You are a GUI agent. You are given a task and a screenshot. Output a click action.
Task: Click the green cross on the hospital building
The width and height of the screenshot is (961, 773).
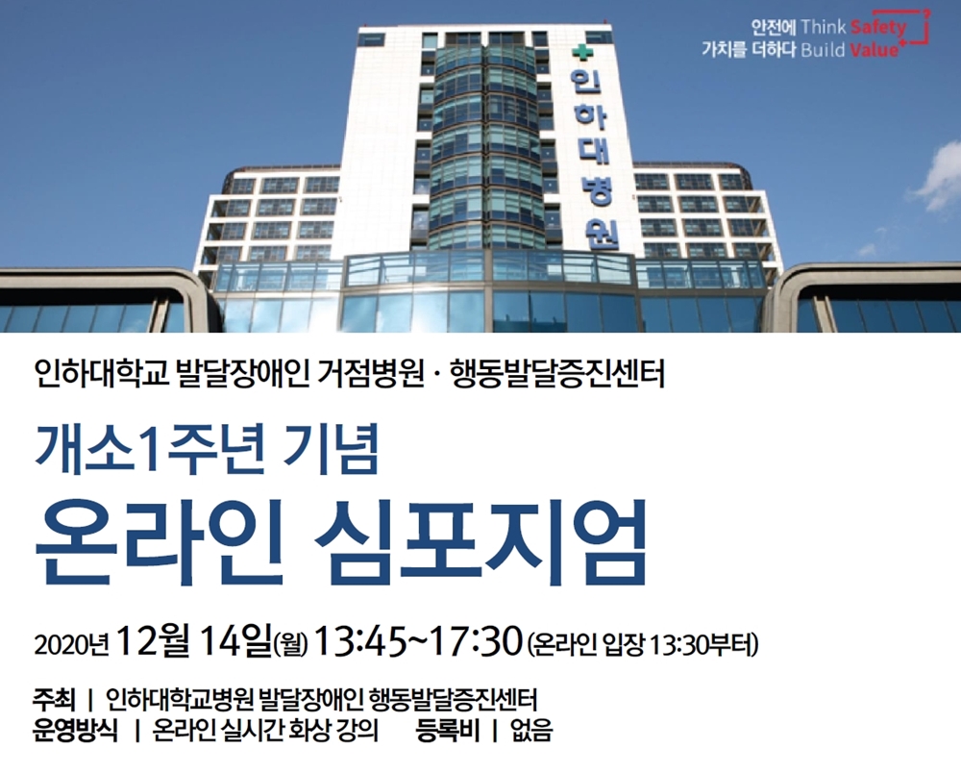click(579, 53)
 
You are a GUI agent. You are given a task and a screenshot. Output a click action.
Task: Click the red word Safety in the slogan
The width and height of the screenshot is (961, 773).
click(878, 27)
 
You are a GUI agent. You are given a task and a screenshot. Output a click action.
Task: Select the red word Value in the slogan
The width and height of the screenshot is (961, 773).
click(874, 50)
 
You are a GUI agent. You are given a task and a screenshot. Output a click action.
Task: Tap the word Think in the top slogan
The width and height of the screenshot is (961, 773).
click(824, 27)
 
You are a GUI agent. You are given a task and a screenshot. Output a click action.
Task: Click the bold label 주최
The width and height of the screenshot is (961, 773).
click(55, 698)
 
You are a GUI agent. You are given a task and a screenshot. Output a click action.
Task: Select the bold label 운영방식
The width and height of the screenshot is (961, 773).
click(75, 730)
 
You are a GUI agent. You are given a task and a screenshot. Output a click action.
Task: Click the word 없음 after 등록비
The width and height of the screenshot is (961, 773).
click(531, 730)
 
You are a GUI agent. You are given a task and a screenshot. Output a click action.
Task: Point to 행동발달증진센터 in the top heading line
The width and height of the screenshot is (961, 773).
click(557, 374)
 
